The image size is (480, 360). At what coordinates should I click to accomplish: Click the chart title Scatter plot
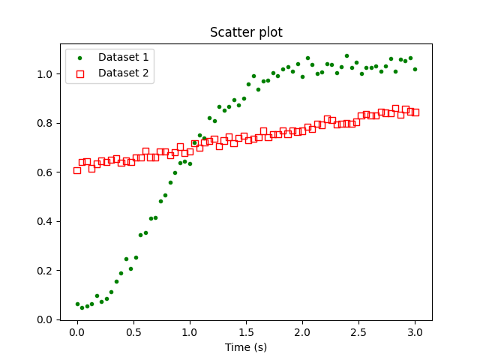click(x=246, y=32)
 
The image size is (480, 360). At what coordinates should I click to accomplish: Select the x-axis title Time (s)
click(x=246, y=347)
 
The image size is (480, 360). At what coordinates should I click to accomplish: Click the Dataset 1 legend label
click(x=123, y=56)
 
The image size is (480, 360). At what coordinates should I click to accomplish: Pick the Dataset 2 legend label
click(x=123, y=73)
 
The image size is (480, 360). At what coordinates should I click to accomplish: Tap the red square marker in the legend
click(x=81, y=73)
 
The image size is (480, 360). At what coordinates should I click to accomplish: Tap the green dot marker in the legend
click(x=81, y=56)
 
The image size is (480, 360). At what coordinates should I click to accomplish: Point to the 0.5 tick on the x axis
click(x=133, y=331)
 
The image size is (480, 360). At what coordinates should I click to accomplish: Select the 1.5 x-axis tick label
click(x=246, y=331)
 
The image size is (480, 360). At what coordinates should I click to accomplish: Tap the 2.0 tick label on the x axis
click(x=302, y=331)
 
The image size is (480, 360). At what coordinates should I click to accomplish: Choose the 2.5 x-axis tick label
click(x=358, y=331)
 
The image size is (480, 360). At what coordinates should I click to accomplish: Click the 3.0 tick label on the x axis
click(x=415, y=331)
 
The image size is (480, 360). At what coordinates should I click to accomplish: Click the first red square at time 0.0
click(x=77, y=170)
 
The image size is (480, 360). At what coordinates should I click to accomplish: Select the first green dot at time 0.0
click(x=77, y=304)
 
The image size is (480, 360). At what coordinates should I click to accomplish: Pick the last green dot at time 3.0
click(x=415, y=69)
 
